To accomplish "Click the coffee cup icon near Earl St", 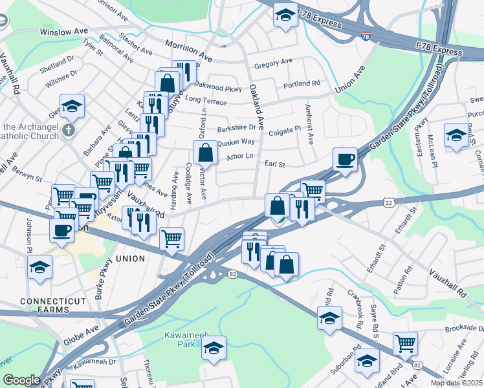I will coord(345,159).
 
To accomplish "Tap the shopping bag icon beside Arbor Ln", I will coord(205,153).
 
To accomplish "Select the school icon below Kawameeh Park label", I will coord(214,348).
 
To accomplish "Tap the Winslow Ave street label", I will coord(63,31).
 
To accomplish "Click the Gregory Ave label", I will coord(273,63).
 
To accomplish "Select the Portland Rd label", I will coord(302,84).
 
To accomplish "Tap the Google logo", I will coord(21,380).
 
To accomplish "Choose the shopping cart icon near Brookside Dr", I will coord(405,343).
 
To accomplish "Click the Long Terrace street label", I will coord(206,102).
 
